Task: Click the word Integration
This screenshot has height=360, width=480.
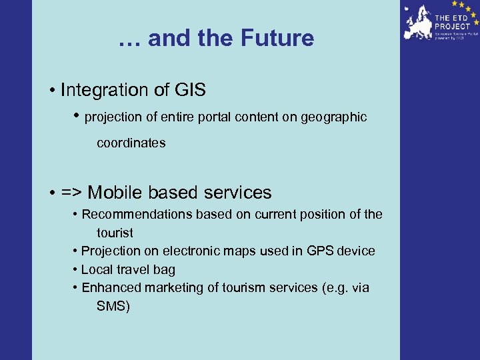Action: pyautogui.click(x=105, y=89)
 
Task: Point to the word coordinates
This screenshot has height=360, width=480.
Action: pyautogui.click(x=131, y=143)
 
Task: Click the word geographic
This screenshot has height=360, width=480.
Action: pyautogui.click(x=333, y=117)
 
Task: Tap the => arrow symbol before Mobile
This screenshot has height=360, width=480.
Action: pyautogui.click(x=72, y=193)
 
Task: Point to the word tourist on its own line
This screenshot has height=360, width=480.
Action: pyautogui.click(x=115, y=233)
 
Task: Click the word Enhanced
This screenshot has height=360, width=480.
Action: pyautogui.click(x=107, y=288)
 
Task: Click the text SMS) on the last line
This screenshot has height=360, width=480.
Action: pyautogui.click(x=113, y=307)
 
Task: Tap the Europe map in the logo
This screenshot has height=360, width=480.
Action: pyautogui.click(x=418, y=23)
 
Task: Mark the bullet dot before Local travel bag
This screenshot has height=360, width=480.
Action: pyautogui.click(x=76, y=270)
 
